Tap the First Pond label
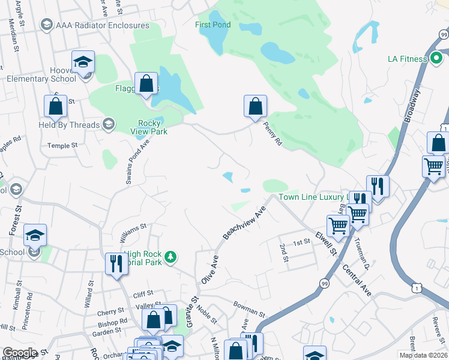212,25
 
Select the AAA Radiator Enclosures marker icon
46,25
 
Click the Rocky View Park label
148,127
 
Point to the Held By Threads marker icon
109,125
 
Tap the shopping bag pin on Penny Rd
255,106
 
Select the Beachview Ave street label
244,224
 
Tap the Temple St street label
63,145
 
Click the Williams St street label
133,227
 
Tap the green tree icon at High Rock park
172,257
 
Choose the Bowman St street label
249,310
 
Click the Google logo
20,353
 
